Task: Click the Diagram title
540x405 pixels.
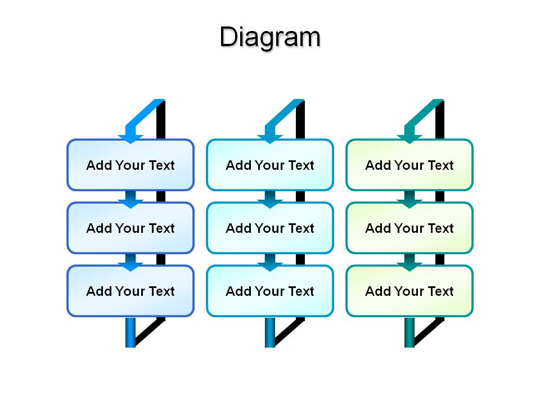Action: tap(270, 37)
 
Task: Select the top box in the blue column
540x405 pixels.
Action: tap(130, 165)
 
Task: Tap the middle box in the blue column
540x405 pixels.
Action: tap(130, 228)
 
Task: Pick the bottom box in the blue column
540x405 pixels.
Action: tap(130, 291)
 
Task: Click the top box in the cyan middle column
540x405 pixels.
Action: tap(270, 165)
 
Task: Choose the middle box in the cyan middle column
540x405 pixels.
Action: tap(270, 228)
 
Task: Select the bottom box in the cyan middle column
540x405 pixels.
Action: tap(270, 291)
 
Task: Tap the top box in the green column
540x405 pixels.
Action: tap(409, 165)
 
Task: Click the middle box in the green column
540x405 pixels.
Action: tap(409, 228)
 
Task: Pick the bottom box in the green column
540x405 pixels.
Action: tap(409, 291)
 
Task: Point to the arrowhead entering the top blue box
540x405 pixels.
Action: tap(130, 139)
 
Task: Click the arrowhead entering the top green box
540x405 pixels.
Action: tap(409, 139)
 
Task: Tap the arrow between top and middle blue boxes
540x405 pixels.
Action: tap(130, 199)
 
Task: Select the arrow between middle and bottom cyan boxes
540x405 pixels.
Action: tap(270, 263)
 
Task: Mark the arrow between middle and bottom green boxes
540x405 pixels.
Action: tap(409, 263)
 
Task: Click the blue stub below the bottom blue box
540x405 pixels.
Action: tap(130, 332)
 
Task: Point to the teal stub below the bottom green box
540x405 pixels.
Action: tap(409, 332)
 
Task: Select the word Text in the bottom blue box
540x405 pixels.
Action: tap(162, 291)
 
